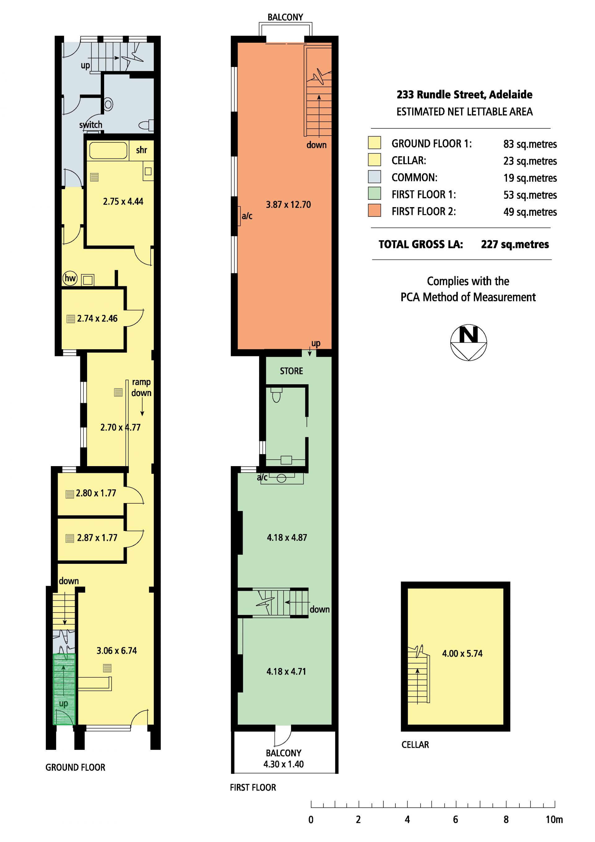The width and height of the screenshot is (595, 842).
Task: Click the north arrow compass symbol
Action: coord(468,342)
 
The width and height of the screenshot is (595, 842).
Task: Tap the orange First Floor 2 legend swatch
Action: coord(374,211)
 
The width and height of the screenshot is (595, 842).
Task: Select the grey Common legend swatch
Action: coord(374,177)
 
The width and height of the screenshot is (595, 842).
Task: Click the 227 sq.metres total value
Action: coord(515,244)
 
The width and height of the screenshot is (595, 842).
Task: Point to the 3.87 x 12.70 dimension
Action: coord(288,205)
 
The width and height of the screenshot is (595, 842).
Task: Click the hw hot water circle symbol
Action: coord(70,278)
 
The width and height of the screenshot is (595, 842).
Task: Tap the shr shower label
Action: coord(141,150)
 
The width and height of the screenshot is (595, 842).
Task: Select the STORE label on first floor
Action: coord(291,371)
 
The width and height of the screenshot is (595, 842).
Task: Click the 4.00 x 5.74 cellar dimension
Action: coord(462,653)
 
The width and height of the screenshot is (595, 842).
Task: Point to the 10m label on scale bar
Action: coord(554,820)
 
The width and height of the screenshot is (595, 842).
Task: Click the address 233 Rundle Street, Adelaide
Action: coord(464,95)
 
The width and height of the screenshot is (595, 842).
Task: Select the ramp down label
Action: coord(141,387)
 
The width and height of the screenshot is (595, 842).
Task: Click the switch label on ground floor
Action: coord(90,125)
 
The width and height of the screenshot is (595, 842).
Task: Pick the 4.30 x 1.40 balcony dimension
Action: coord(284,764)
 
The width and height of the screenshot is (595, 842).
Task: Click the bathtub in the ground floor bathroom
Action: coord(108,150)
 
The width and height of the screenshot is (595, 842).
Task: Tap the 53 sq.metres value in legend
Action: coord(530,195)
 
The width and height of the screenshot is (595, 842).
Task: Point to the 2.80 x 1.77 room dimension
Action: coord(96,493)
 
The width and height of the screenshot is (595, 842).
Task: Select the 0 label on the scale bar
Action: coord(311,820)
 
